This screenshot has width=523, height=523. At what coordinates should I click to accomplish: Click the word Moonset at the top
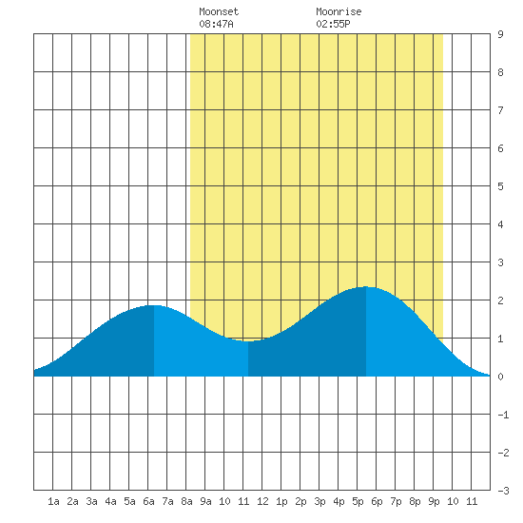219,11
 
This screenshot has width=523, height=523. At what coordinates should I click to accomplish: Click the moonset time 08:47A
216,24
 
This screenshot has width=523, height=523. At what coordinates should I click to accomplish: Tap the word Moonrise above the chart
339,11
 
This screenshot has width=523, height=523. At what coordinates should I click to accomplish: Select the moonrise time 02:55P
333,24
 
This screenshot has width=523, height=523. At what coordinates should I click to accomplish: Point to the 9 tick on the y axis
500,34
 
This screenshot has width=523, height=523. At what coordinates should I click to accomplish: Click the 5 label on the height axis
500,186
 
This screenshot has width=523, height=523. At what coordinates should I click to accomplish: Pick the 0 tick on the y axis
500,377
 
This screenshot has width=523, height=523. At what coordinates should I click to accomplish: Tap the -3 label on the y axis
503,491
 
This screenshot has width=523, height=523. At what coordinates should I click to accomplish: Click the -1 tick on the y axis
503,415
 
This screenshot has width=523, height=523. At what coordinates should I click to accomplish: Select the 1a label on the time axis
53,501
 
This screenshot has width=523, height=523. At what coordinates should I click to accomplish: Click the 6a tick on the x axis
148,501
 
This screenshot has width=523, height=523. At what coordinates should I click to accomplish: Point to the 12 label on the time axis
262,501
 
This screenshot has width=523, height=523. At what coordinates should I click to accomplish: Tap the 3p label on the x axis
320,501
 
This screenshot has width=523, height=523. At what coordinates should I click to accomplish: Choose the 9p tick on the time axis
434,501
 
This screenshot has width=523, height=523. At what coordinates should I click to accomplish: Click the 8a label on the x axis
186,501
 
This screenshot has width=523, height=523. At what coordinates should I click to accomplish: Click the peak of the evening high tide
366,286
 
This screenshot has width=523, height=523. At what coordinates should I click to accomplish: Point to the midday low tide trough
248,341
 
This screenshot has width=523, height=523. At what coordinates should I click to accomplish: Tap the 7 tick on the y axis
500,110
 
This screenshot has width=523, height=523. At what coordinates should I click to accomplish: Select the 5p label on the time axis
358,501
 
